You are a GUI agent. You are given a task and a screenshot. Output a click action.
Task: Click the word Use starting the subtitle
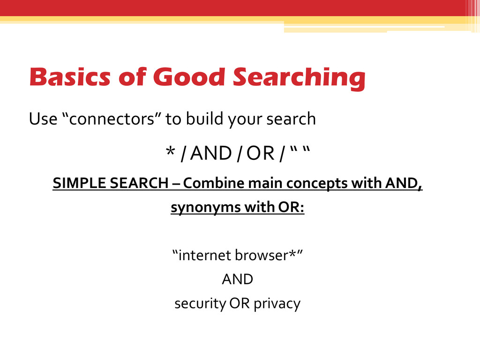coord(42,120)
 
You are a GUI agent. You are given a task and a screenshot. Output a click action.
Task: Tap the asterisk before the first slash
coord(169,153)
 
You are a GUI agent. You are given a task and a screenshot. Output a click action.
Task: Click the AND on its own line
coord(237,280)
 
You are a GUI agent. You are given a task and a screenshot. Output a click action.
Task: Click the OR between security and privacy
coord(239,304)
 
